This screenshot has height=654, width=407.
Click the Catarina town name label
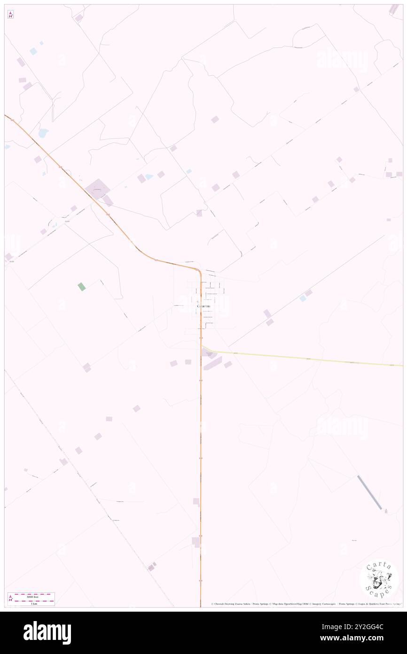[203, 307]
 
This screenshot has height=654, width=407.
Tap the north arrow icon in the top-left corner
[10, 15]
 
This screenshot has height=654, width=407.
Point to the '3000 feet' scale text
[31, 596]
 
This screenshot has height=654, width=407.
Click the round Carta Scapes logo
[379, 579]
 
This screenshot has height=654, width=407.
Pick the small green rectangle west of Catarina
[82, 287]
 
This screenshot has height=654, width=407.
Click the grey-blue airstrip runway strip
[369, 492]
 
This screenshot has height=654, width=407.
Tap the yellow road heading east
[305, 358]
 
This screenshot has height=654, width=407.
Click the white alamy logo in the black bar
[47, 632]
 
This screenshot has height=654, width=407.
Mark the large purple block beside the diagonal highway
[98, 189]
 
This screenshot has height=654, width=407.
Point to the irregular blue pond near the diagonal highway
[43, 133]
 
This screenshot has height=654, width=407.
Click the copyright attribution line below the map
[305, 604]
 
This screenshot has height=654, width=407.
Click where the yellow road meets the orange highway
[202, 348]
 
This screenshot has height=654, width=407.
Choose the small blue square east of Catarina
[303, 298]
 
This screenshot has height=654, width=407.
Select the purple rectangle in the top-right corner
[394, 9]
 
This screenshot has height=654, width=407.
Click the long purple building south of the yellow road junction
[212, 363]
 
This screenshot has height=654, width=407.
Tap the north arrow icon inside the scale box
[10, 598]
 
